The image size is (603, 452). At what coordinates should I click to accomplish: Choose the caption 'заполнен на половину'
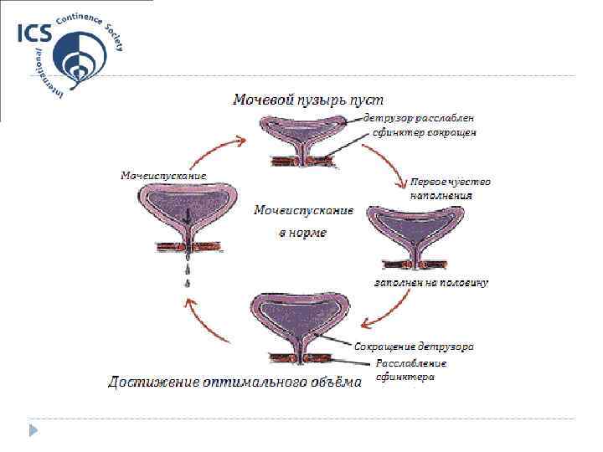point(430,282)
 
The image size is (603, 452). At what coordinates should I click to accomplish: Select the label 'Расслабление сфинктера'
point(410,370)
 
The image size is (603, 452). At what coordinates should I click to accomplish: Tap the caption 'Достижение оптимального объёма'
point(234,383)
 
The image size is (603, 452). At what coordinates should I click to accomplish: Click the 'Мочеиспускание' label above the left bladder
point(162,176)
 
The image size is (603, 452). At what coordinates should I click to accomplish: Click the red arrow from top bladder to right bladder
point(384,164)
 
